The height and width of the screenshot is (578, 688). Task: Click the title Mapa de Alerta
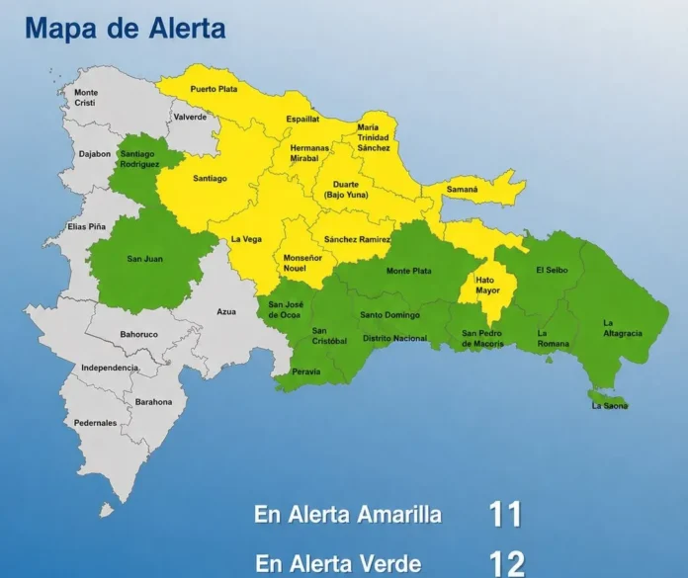tap(125, 28)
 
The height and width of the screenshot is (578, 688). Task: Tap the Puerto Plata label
tap(214, 89)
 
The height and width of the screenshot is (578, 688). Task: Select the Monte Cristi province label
tap(86, 98)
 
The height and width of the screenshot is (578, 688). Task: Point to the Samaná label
tap(462, 189)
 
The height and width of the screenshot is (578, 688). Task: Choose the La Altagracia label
tap(622, 328)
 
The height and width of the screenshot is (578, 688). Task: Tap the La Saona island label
tap(609, 405)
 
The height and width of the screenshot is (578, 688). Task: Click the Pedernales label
tap(95, 423)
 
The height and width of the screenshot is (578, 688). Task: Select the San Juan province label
tap(145, 259)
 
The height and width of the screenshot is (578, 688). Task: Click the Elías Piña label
tap(86, 226)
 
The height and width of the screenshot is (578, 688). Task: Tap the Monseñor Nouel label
tap(302, 263)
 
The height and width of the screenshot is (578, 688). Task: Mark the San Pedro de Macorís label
tap(482, 338)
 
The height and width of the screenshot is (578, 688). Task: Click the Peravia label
tap(307, 372)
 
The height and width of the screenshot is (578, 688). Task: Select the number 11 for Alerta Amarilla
tap(504, 515)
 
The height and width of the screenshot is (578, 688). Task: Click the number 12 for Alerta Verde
tap(506, 563)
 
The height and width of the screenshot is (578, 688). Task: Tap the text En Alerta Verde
tap(338, 564)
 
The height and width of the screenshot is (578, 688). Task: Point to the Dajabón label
tap(95, 154)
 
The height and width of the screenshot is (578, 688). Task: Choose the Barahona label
tap(153, 402)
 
